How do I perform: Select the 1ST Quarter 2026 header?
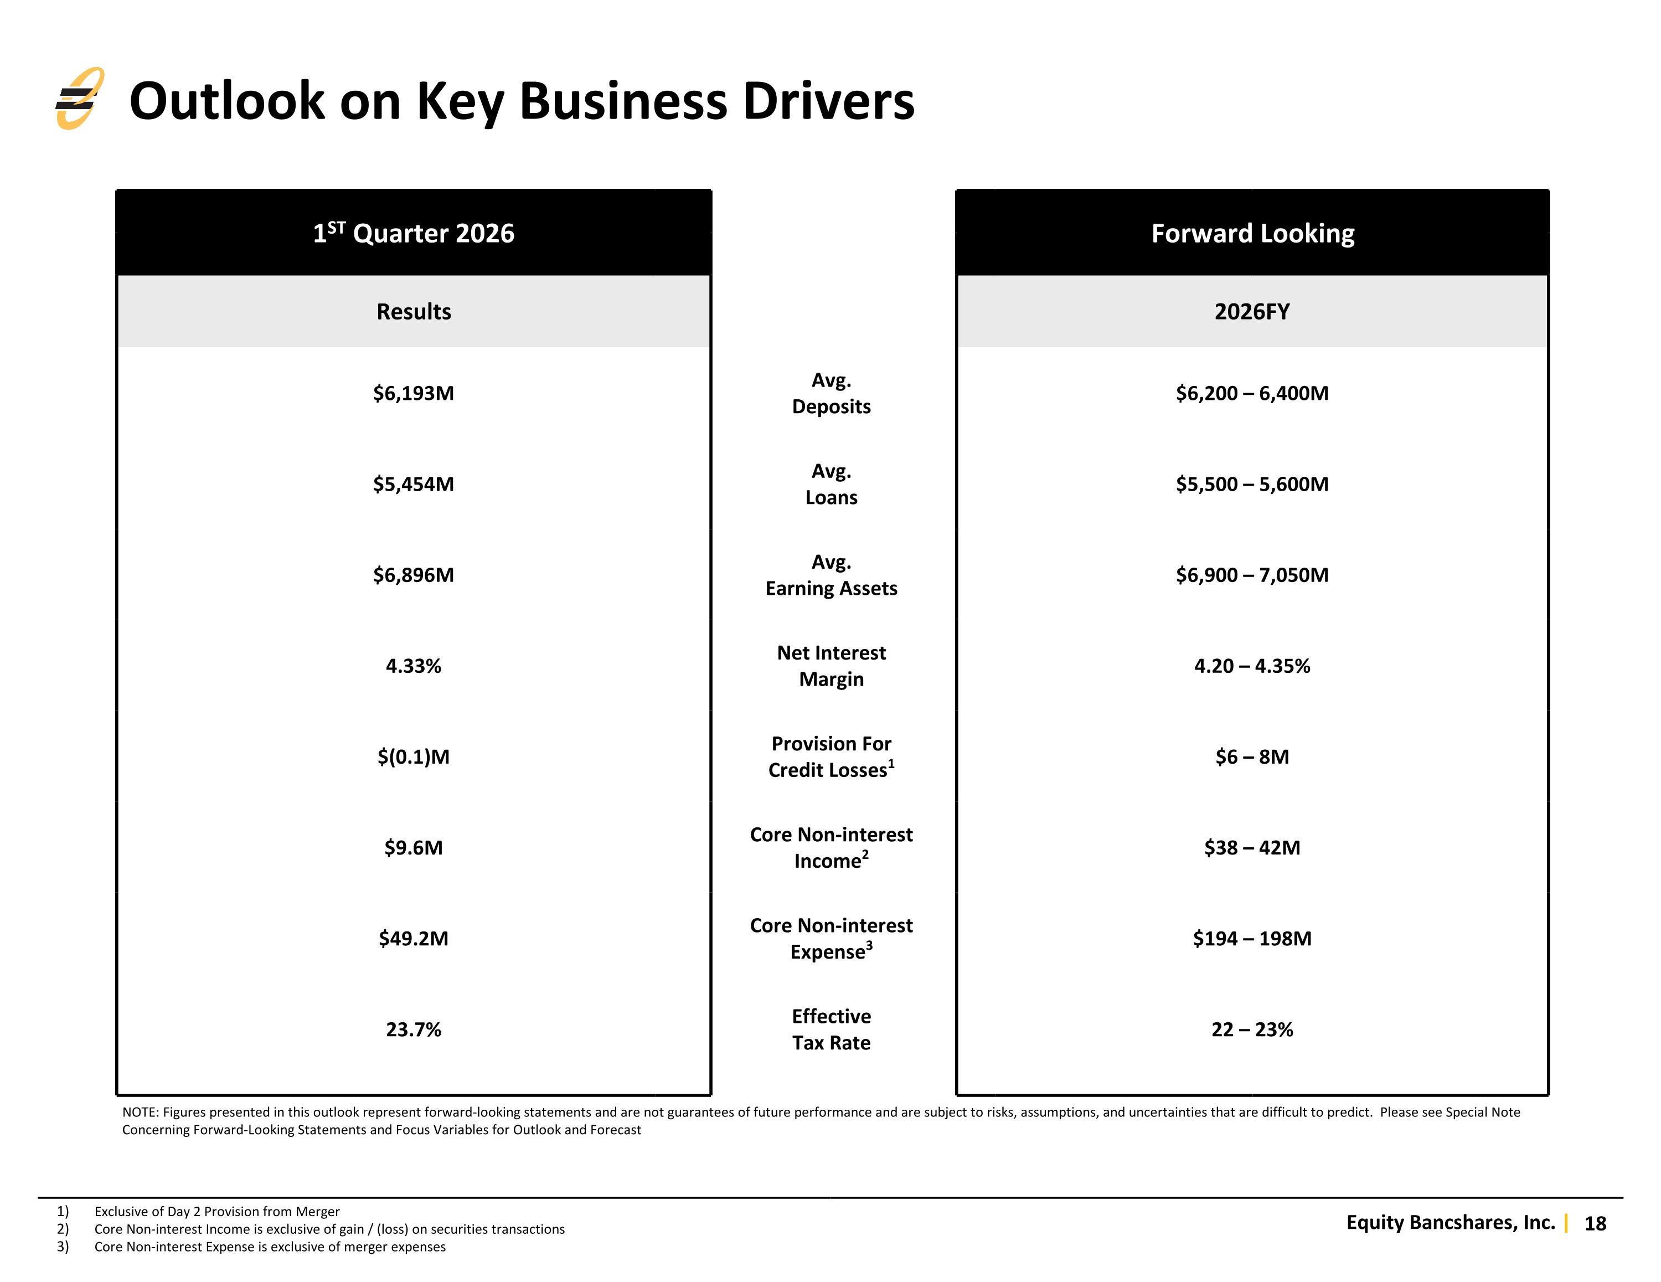coord(414,232)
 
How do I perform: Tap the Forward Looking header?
coord(1252,233)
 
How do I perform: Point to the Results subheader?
coord(414,311)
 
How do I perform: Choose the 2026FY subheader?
coord(1252,311)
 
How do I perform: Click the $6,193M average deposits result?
coord(414,393)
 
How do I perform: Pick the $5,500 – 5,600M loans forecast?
coord(1252,484)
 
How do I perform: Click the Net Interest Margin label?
coord(831,666)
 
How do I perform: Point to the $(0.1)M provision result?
coord(414,757)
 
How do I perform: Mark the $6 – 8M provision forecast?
coord(1252,756)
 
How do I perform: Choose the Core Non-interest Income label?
coord(831,847)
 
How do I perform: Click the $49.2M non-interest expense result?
coord(414,938)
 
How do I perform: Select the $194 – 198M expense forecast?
coord(1252,938)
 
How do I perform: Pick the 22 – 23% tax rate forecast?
coord(1252,1029)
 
